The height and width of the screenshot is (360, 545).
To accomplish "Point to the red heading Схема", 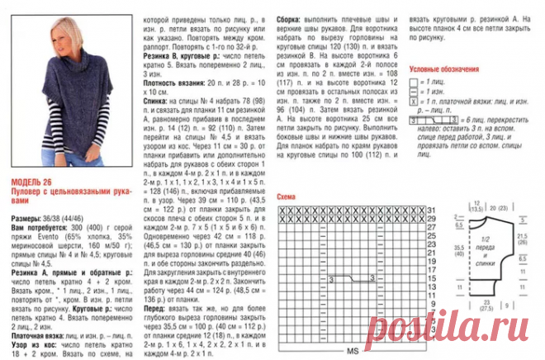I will click(288, 197).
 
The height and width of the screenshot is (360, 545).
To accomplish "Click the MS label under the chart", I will click(351, 352).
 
